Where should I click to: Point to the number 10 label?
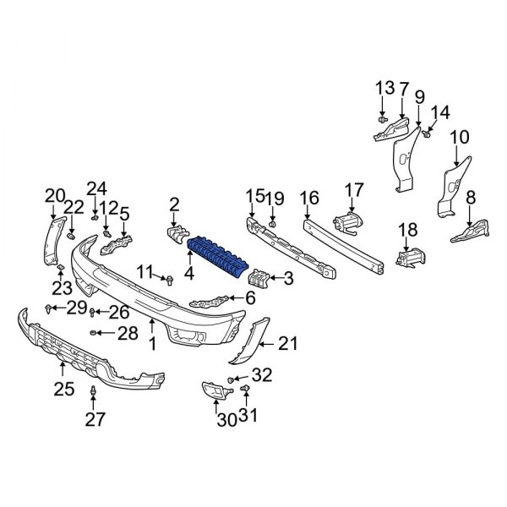pyautogui.click(x=459, y=137)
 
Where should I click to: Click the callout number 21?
pyautogui.click(x=289, y=342)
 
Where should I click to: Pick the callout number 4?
pyautogui.click(x=189, y=274)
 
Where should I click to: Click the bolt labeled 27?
pyautogui.click(x=92, y=391)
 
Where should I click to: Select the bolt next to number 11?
pyautogui.click(x=169, y=278)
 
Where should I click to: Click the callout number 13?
pyautogui.click(x=384, y=87)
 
